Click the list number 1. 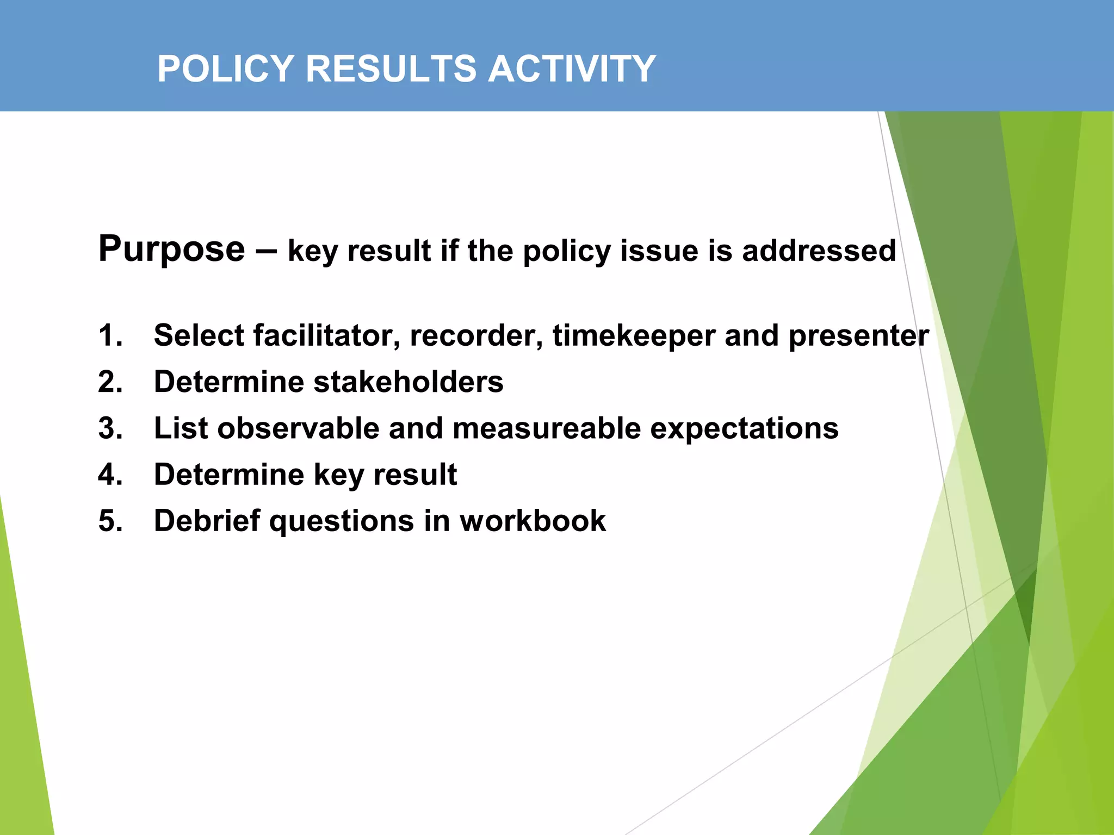[110, 335]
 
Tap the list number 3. [110, 428]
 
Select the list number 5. [110, 521]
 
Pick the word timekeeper [634, 335]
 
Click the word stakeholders [409, 382]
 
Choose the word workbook [533, 521]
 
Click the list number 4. [110, 475]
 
